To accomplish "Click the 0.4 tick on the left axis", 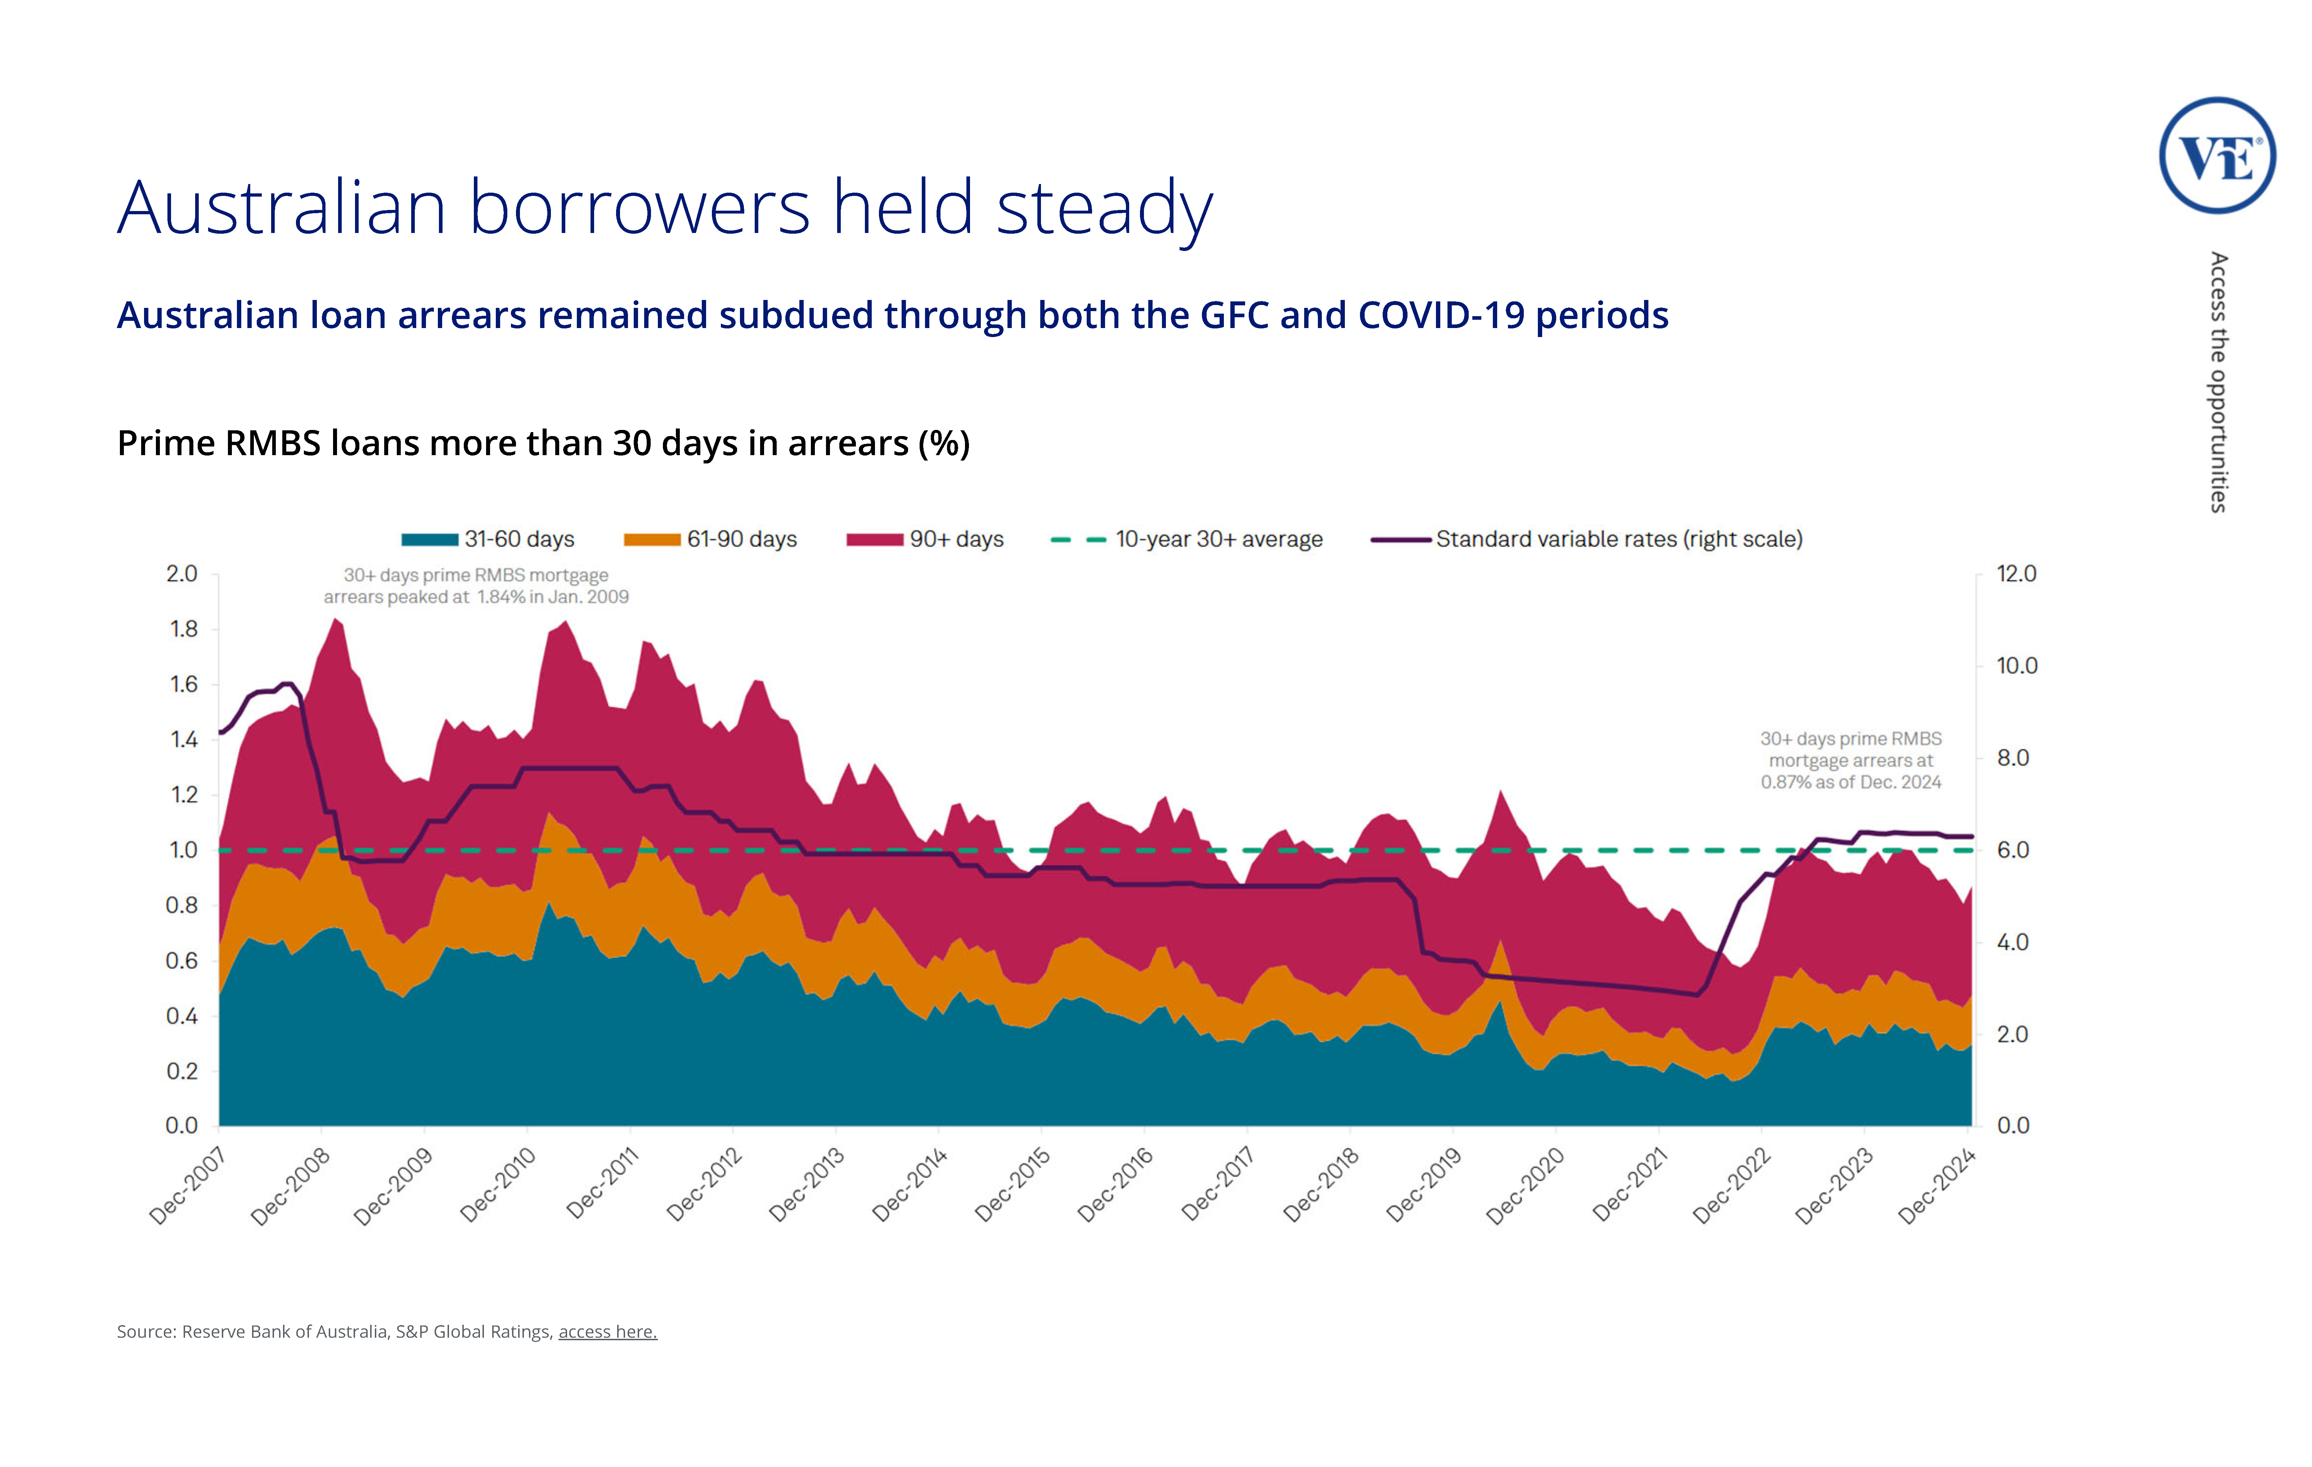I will [x=183, y=1016].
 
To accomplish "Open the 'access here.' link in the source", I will [x=608, y=1332].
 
